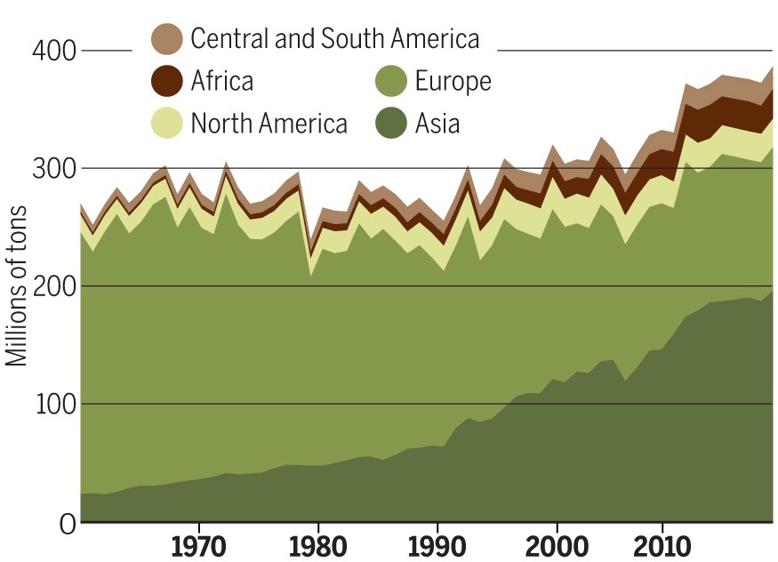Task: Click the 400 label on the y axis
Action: [x=55, y=51]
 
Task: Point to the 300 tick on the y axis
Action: [x=55, y=168]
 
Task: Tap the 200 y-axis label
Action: [x=55, y=286]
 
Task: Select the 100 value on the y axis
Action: [x=55, y=404]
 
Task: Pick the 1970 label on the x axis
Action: [x=197, y=545]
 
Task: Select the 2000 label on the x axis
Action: [x=556, y=545]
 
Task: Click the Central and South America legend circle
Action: [x=167, y=39]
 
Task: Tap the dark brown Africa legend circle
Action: [x=167, y=81]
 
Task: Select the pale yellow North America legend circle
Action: [x=167, y=122]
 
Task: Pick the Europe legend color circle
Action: [x=391, y=81]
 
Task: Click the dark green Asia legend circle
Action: [x=391, y=122]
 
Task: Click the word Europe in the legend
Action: [x=453, y=81]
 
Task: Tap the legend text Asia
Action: [x=437, y=122]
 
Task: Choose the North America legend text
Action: [x=269, y=122]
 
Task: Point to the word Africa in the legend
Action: [x=221, y=81]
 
